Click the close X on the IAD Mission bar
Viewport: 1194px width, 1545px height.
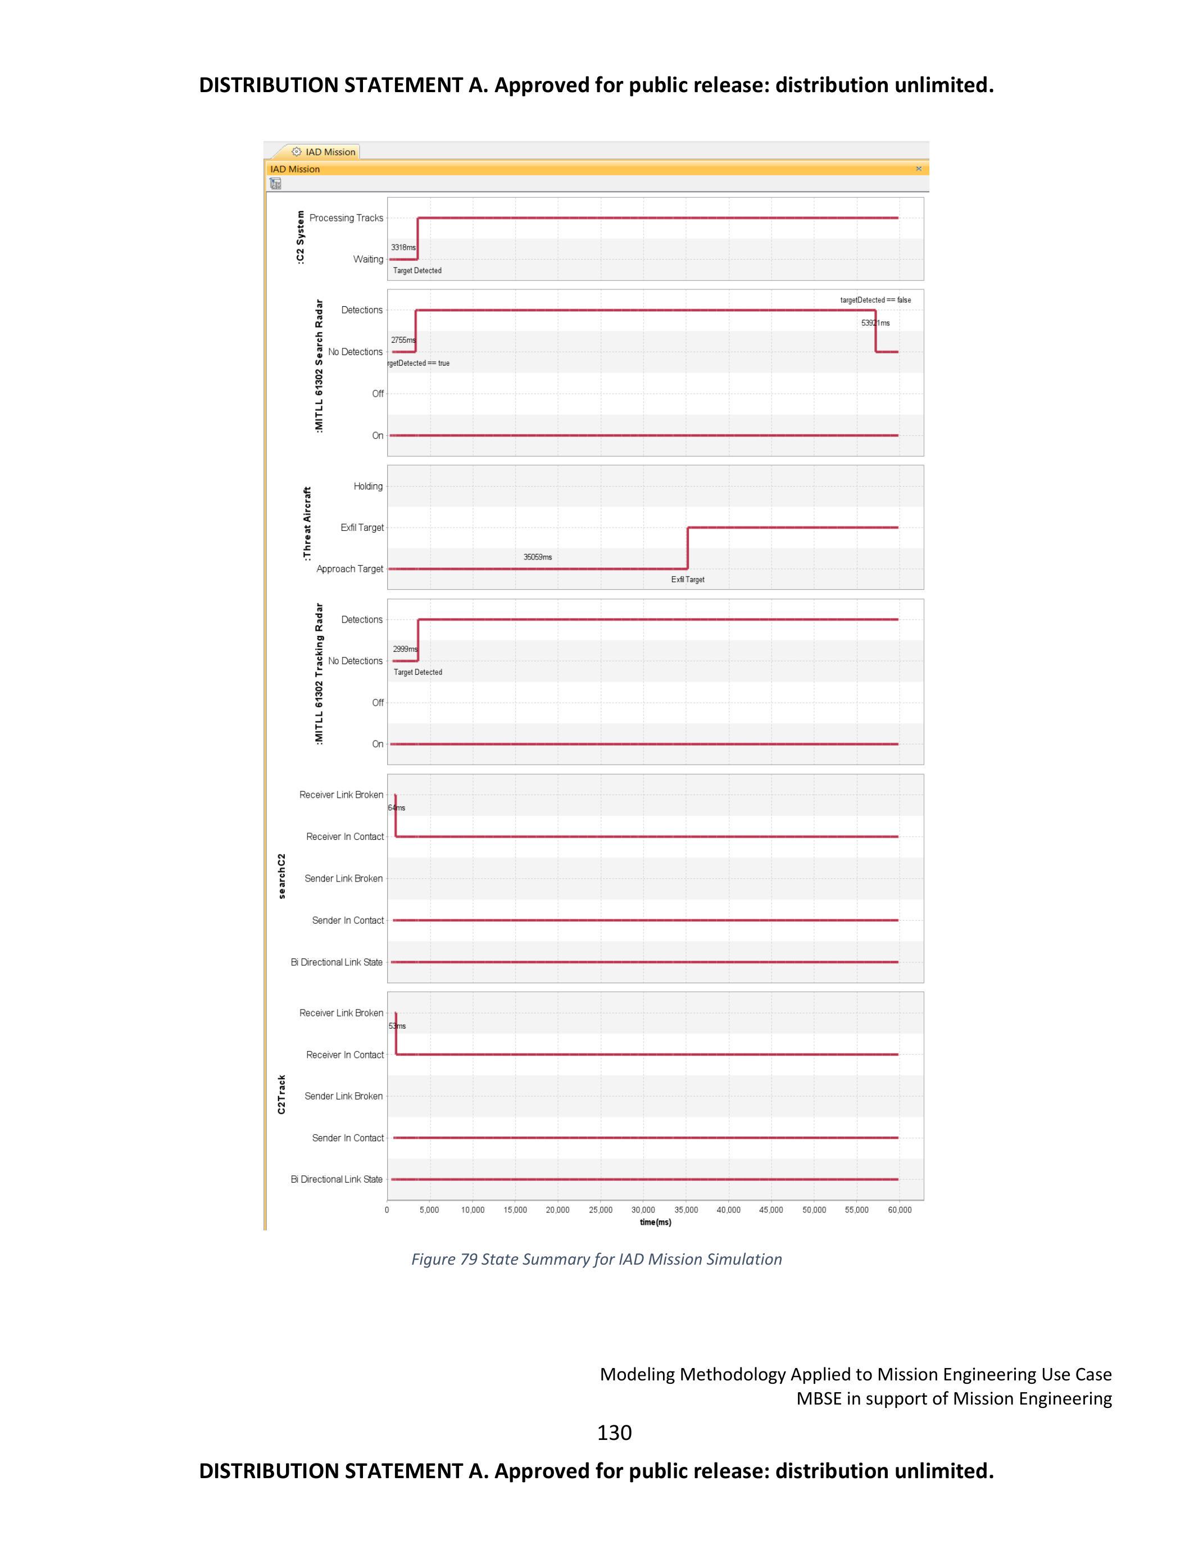918,169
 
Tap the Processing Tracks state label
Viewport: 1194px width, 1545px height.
346,218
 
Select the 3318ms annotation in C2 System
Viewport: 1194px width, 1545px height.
403,248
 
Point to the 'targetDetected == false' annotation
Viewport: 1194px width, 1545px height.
875,300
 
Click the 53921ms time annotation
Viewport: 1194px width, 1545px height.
875,323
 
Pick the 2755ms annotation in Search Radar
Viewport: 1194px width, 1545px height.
403,340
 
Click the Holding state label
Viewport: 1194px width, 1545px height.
368,486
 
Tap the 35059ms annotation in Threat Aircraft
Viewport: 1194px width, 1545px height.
538,557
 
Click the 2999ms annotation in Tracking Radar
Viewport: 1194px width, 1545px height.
405,649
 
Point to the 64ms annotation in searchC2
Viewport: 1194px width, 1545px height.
397,808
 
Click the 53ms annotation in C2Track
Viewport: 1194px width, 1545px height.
397,1026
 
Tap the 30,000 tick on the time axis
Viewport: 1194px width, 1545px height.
643,1210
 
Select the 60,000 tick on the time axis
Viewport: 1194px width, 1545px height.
899,1210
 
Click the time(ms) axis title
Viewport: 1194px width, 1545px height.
655,1223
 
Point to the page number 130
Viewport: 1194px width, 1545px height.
614,1433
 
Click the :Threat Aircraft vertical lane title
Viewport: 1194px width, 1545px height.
307,524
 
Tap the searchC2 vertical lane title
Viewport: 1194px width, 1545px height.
282,876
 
